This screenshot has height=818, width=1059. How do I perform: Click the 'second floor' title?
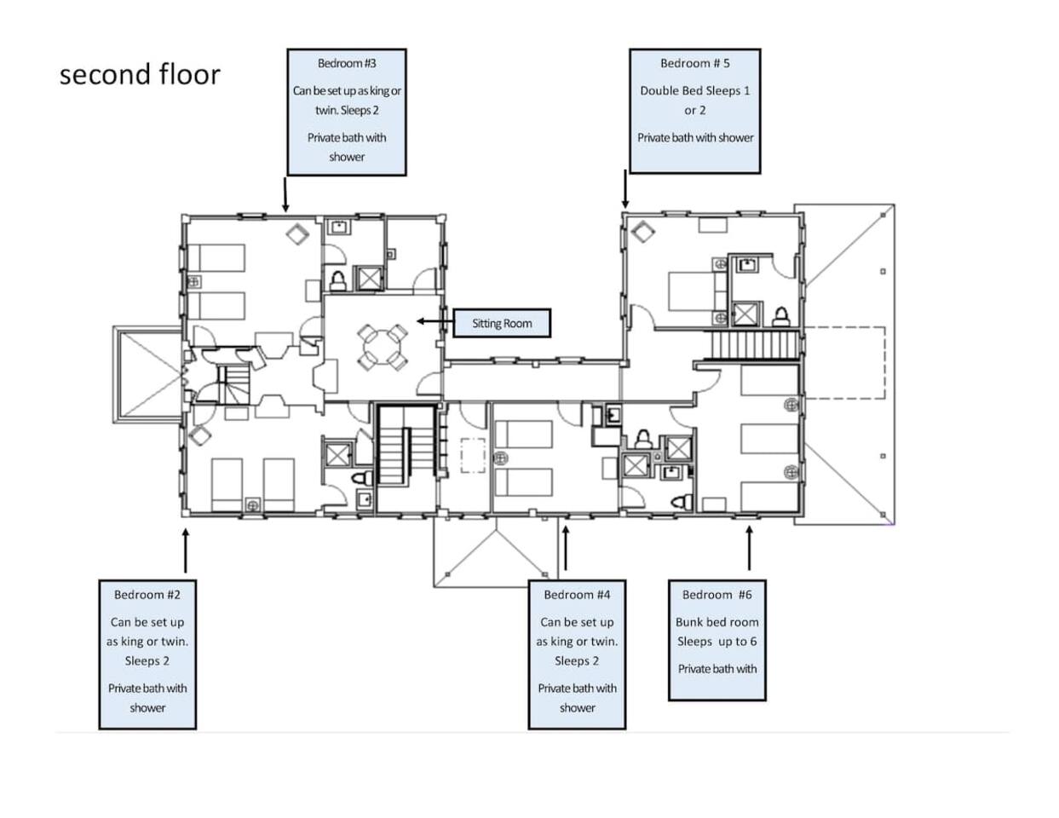(140, 74)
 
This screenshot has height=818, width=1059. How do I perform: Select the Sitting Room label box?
(502, 323)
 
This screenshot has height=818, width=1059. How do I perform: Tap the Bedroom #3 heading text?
(347, 63)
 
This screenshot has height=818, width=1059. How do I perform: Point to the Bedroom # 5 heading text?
(694, 63)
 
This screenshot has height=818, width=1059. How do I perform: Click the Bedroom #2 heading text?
(147, 595)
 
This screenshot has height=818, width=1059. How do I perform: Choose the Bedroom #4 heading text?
(577, 595)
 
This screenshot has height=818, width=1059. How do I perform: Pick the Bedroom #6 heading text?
(717, 595)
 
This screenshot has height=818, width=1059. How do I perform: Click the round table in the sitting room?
(382, 347)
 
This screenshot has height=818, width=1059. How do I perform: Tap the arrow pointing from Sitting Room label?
(435, 321)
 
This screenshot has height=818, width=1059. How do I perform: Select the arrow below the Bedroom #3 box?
(285, 194)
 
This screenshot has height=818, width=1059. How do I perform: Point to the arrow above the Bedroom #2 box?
(185, 550)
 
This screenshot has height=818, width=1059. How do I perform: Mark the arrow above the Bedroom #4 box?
(566, 548)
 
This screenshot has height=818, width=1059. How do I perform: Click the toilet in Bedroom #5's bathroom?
(781, 316)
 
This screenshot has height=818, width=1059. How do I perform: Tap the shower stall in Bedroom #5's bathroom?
(745, 314)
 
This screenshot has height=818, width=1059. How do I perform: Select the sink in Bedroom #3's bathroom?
(338, 227)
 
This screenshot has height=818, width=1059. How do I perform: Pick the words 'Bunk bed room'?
(717, 622)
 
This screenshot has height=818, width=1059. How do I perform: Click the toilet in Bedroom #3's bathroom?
(337, 281)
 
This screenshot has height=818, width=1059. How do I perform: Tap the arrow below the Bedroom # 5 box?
(625, 189)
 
